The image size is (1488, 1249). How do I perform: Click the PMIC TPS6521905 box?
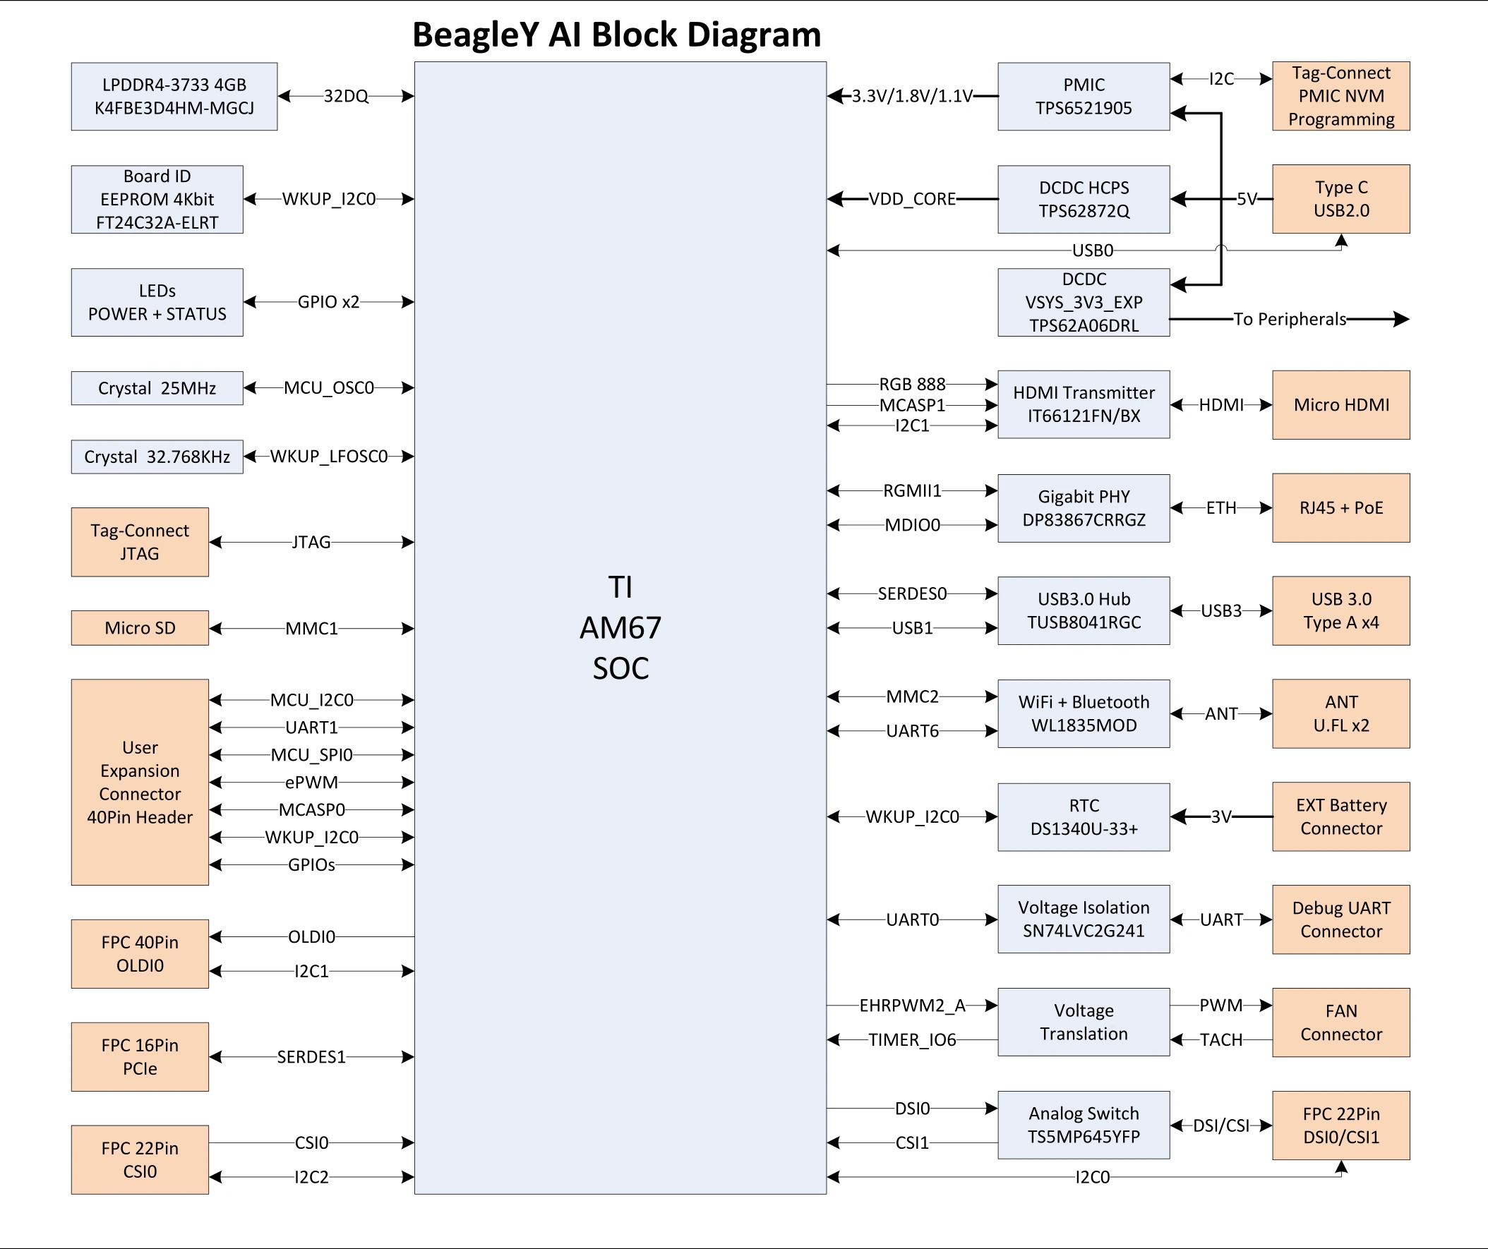(x=1084, y=97)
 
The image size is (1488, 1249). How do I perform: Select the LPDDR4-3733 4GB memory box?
(x=174, y=97)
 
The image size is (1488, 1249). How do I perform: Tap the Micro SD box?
(x=140, y=628)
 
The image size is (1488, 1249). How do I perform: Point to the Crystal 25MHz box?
(x=157, y=388)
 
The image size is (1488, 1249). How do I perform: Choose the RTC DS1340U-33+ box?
(x=1084, y=817)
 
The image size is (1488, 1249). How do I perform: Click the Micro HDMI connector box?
(x=1340, y=405)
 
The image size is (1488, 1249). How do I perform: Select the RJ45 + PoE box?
(x=1340, y=508)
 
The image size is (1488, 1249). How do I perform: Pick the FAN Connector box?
(x=1340, y=1022)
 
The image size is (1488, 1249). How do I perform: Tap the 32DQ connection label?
(x=346, y=97)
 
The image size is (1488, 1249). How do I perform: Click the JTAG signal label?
(x=311, y=542)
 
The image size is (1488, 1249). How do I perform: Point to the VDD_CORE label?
(x=913, y=199)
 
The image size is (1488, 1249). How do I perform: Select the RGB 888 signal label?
(x=913, y=384)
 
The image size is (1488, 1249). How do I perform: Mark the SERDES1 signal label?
(x=311, y=1057)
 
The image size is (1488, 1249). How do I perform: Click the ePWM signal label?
(x=311, y=782)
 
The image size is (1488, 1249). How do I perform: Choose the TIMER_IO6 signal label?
(x=913, y=1040)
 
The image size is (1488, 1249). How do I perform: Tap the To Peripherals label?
(x=1290, y=320)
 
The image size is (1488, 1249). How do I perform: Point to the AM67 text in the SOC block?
(x=620, y=628)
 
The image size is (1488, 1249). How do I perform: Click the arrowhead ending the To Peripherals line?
(x=1402, y=320)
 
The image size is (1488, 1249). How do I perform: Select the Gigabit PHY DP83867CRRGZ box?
(x=1084, y=508)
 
